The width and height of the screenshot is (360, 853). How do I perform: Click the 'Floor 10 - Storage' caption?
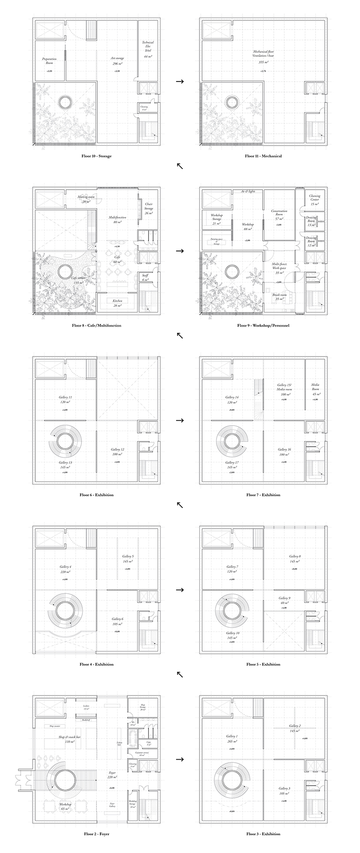tap(96, 156)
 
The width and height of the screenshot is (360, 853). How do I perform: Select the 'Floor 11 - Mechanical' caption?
tap(263, 156)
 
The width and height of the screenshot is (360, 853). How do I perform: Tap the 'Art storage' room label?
tap(116, 58)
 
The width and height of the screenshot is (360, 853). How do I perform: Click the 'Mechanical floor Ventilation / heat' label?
tap(263, 54)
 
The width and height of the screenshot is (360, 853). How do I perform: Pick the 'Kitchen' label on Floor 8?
tap(117, 300)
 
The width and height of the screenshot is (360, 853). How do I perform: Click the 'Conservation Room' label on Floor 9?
tap(279, 213)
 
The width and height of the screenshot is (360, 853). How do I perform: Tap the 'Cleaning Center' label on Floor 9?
tap(315, 198)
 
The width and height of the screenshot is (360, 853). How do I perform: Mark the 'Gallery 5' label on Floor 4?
tap(128, 556)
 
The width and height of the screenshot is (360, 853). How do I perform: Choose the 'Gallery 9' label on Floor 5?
tap(284, 598)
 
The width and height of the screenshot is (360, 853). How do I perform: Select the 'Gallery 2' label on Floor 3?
tap(294, 726)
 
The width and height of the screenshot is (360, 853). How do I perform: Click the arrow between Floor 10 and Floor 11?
tap(180, 81)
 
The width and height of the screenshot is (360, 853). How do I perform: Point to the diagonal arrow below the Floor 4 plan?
tap(180, 674)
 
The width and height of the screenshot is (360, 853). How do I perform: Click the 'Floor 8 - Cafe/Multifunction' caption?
tap(96, 325)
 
